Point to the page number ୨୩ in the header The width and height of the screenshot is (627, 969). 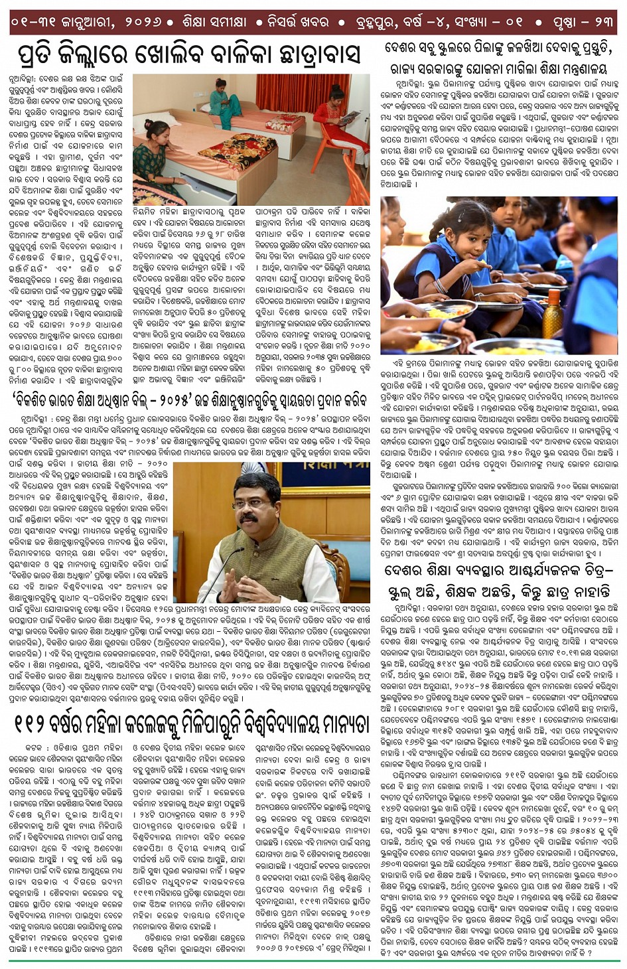(603, 21)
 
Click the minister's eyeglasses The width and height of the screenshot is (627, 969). (251, 504)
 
